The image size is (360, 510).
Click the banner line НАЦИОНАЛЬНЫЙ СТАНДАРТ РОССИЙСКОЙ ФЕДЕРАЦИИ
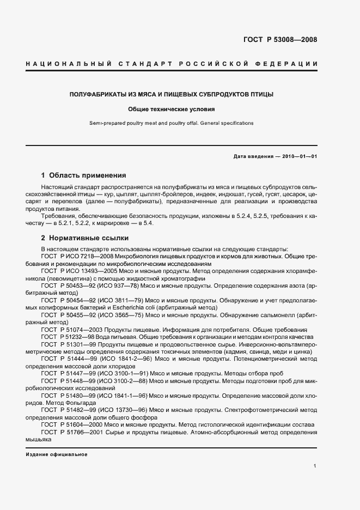click(172, 65)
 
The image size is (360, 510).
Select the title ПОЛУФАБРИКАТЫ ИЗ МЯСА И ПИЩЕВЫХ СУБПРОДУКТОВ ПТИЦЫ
click(172, 95)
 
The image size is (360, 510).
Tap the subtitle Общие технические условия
click(172, 109)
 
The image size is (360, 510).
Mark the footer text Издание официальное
click(56, 454)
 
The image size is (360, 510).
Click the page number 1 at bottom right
click(315, 466)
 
